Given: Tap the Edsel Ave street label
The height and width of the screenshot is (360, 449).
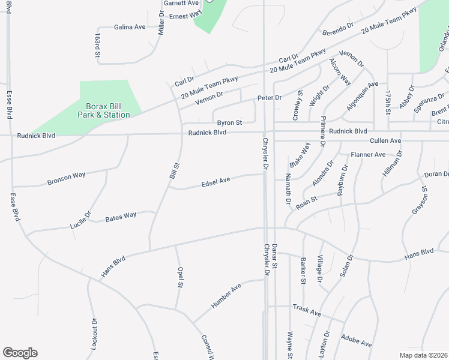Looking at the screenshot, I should tap(216, 181).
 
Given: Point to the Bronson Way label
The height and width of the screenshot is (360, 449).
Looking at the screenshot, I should tap(67, 178).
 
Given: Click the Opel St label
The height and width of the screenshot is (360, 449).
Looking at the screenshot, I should tap(179, 277).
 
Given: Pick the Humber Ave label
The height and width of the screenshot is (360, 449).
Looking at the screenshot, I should tap(226, 296).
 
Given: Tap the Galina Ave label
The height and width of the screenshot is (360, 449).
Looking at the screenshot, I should tap(130, 27).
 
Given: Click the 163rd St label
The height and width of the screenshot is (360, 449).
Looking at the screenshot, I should tap(97, 46).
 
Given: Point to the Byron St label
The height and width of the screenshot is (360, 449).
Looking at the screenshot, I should tap(229, 122).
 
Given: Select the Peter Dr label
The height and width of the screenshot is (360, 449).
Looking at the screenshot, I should tap(270, 97).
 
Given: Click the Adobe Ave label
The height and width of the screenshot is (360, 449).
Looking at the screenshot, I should tap(356, 341).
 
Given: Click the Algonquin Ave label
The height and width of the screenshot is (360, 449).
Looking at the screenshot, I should tap(363, 97).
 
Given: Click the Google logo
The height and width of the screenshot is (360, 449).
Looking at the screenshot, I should tap(20, 353).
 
